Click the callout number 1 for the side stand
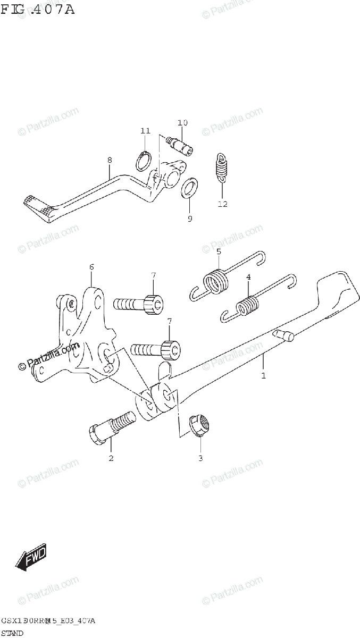coord(263,375)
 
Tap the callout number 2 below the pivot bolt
coord(111,458)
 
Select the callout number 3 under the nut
coord(200,458)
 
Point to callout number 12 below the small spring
coord(222,204)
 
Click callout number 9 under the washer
coord(190,218)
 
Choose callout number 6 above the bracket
coord(91,266)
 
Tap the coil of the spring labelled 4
coord(247,308)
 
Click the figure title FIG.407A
coord(38,9)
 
